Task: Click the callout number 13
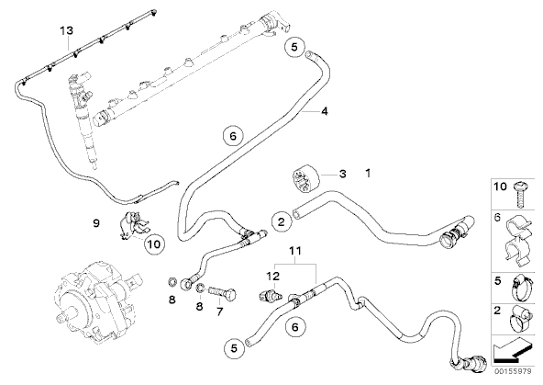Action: coord(67,30)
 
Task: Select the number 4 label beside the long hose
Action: coord(325,111)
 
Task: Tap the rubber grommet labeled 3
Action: coord(304,177)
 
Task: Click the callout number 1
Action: coord(368,173)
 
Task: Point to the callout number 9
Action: coord(96,223)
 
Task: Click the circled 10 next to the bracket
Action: coord(154,244)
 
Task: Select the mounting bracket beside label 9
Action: coord(133,225)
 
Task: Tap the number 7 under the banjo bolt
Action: coord(219,311)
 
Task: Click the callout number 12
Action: coord(273,277)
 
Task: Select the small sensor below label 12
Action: coord(270,296)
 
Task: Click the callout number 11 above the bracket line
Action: coord(295,250)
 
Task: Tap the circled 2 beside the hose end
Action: coord(282,221)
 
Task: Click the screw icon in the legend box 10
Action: coord(519,194)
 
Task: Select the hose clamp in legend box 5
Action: coord(522,288)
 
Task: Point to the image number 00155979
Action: coord(513,371)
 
